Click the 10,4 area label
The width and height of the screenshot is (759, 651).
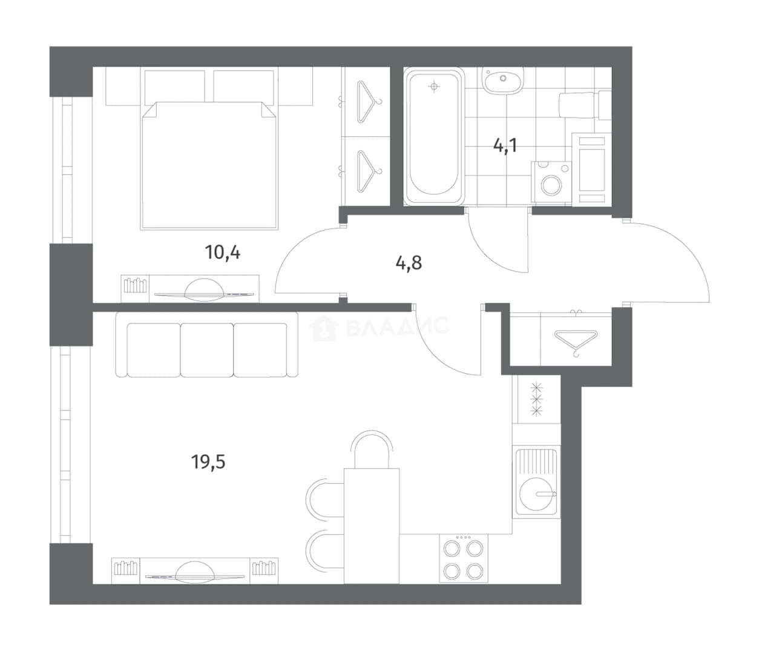[x=223, y=253]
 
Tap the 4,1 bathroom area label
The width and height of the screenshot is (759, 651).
[x=505, y=145]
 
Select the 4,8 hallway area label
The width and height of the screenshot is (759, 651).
[x=409, y=263]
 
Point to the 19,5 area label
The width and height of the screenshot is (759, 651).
[x=208, y=461]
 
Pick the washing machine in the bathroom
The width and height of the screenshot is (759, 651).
[x=551, y=183]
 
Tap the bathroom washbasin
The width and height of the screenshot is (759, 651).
[x=503, y=81]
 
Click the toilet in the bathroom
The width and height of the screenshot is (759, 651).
[x=585, y=105]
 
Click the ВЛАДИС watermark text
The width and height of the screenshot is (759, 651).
[x=397, y=326]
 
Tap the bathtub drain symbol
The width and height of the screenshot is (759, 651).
[x=435, y=87]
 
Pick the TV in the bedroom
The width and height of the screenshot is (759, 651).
[x=204, y=290]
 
